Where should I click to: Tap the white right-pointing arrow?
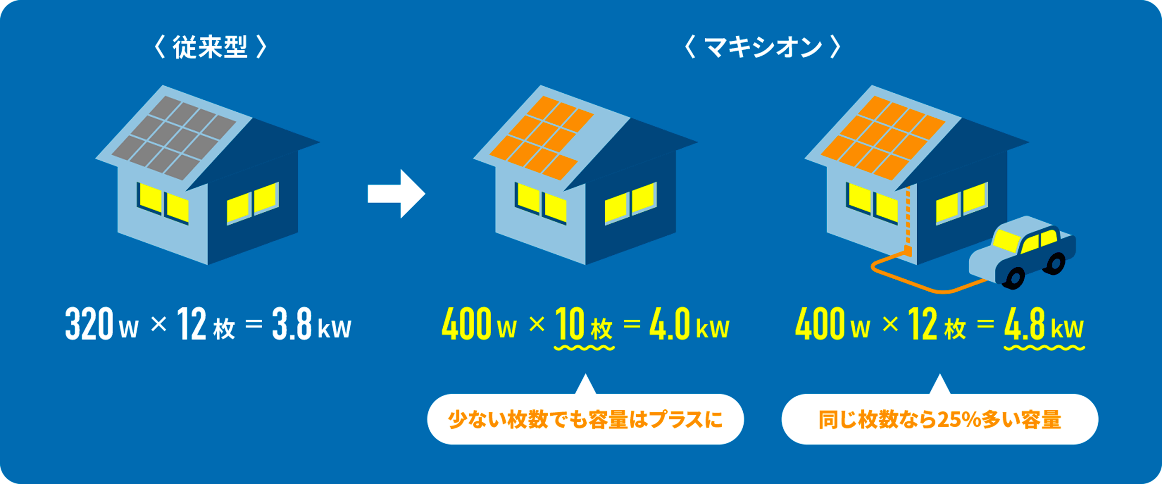click(x=396, y=194)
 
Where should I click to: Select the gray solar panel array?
click(x=174, y=137)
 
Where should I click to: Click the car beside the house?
click(x=1022, y=253)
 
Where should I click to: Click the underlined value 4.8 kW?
click(x=1044, y=325)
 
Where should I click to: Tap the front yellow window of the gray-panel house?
click(x=163, y=203)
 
